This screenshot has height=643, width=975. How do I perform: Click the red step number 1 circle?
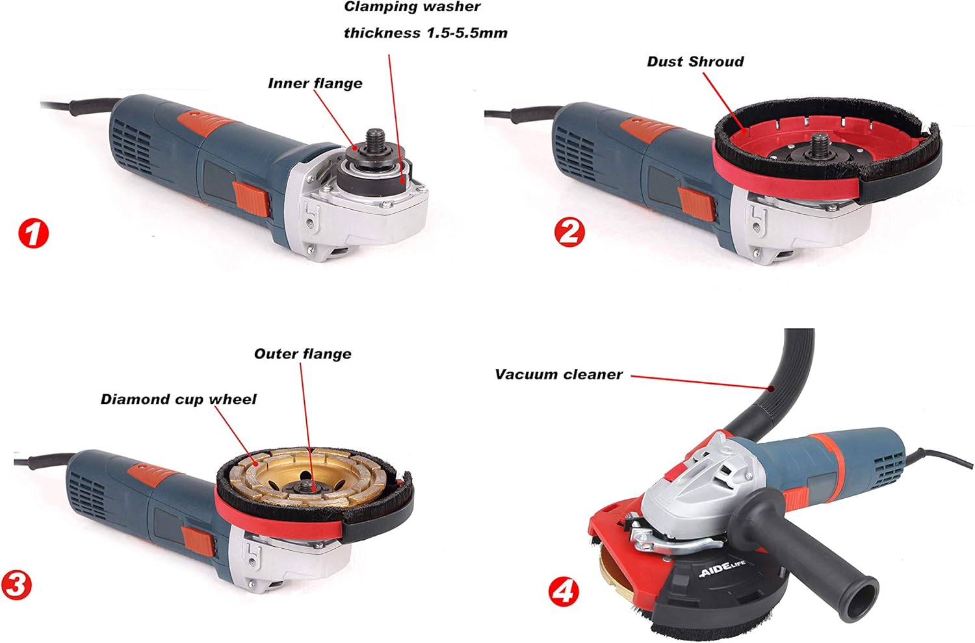(34, 234)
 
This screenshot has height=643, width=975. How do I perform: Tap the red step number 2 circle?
(569, 233)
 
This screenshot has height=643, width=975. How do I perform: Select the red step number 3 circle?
(16, 586)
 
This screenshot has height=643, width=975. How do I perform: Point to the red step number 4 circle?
(564, 592)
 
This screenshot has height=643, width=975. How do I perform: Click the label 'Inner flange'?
(315, 83)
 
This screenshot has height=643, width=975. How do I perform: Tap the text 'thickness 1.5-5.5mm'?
(426, 33)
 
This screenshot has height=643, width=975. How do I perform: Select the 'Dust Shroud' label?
(695, 61)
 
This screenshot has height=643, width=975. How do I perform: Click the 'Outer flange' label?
(302, 354)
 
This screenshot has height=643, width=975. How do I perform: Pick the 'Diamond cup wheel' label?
(179, 399)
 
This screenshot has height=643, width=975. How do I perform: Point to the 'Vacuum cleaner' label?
(559, 374)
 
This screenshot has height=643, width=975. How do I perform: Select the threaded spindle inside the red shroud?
(821, 144)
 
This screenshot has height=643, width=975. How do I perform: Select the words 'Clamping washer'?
(411, 6)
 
